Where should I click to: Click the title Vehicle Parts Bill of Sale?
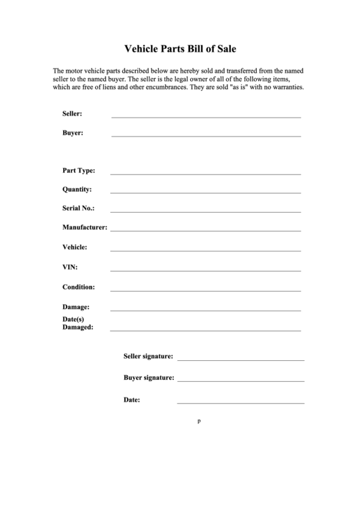tap(180, 49)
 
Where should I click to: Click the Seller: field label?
tap(73, 114)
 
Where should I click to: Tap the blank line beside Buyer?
tap(206, 135)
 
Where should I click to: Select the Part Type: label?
tap(79, 171)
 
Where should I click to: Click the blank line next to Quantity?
tap(206, 192)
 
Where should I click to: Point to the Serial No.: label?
tap(79, 209)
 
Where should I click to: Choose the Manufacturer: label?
tap(85, 228)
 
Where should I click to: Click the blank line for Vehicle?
tap(206, 250)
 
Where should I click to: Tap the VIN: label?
tap(70, 267)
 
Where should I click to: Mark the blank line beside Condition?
tap(206, 290)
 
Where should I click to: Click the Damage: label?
tap(76, 307)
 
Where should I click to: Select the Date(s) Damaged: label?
tap(77, 323)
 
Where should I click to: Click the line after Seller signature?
tap(240, 359)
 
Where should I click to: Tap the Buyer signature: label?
tap(149, 377)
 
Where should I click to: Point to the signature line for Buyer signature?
tap(240, 381)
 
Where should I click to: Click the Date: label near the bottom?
tap(132, 400)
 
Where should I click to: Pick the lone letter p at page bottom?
tap(199, 421)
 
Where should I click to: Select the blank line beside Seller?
tap(206, 117)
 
